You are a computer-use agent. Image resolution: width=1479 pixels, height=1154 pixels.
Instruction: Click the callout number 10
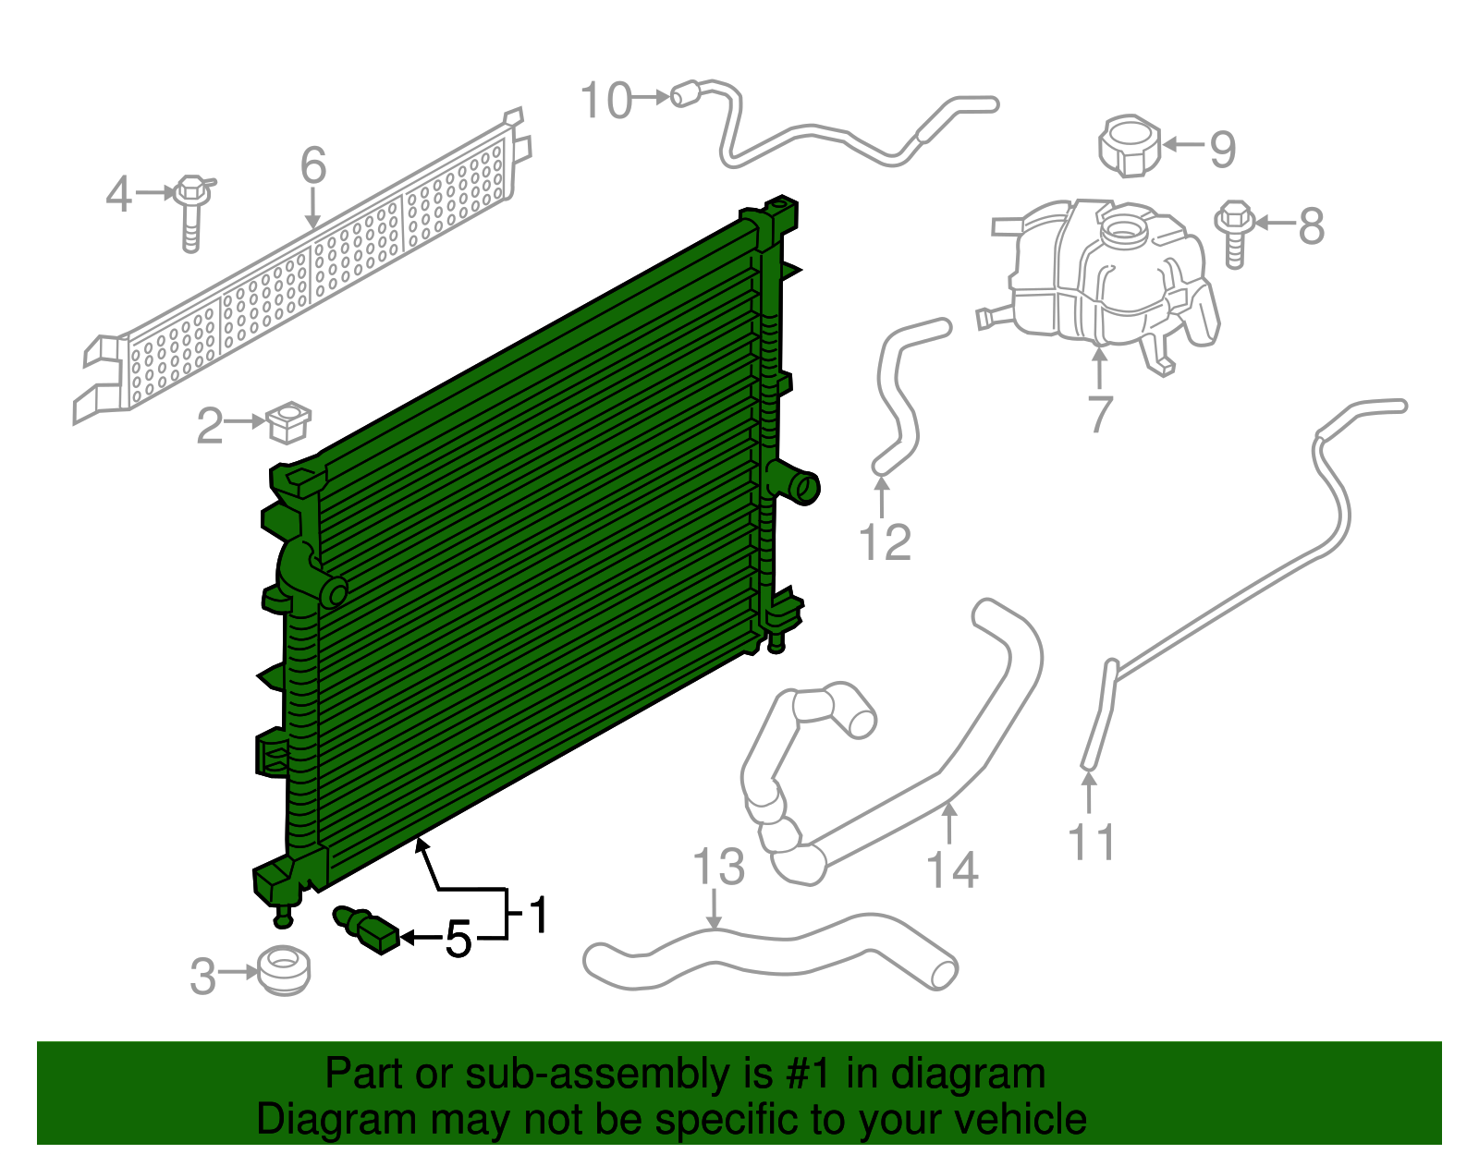[x=606, y=101]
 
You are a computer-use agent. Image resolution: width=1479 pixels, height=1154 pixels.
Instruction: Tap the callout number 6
[x=313, y=166]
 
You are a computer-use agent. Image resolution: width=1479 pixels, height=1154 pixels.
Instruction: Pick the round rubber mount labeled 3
[x=284, y=971]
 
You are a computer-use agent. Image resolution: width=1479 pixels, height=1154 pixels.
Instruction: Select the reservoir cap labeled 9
[x=1130, y=146]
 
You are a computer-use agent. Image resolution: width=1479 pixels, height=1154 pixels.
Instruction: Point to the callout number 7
[x=1099, y=413]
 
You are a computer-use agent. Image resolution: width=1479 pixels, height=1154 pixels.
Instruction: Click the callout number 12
[x=885, y=542]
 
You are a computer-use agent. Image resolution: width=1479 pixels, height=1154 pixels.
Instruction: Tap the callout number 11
[x=1091, y=842]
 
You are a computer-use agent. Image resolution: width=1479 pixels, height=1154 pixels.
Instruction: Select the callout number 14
[x=952, y=870]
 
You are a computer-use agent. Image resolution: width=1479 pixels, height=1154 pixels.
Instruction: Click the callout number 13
[x=718, y=867]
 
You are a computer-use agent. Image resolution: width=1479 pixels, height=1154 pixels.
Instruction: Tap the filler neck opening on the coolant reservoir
[x=1124, y=226]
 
